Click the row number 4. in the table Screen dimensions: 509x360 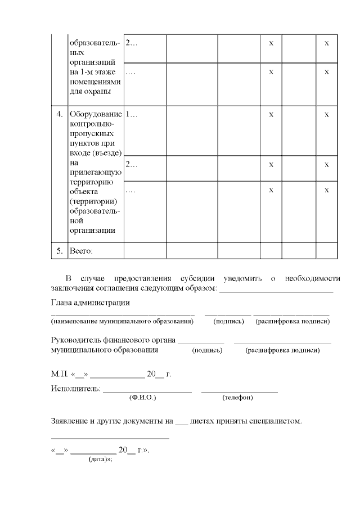point(59,115)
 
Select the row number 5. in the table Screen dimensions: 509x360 point(59,251)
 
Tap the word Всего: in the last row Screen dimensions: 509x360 point(80,251)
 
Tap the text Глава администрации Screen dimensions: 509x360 point(90,303)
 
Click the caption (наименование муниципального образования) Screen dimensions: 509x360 point(122,322)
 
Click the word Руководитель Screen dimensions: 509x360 point(77,340)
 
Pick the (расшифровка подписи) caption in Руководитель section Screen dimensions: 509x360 point(282,350)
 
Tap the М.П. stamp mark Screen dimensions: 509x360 point(59,374)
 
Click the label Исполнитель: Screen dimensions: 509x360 point(75,388)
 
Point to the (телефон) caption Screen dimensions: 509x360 point(237,398)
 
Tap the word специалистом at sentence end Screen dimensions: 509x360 point(276,420)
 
